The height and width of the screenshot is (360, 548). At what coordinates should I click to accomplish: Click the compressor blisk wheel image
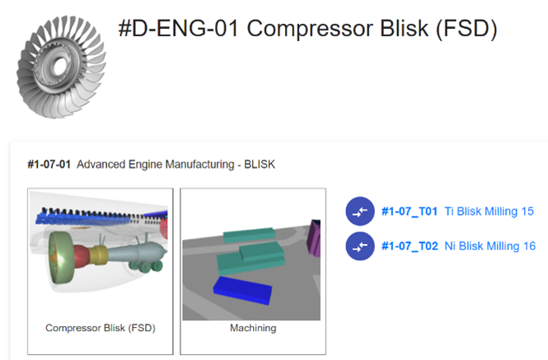[62, 67]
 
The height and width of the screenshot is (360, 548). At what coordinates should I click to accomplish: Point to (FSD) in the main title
[466, 29]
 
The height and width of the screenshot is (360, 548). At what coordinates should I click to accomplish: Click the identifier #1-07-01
[49, 164]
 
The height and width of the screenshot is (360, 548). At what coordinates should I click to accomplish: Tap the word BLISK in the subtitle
[260, 164]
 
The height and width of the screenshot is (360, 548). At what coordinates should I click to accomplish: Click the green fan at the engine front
[61, 257]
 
